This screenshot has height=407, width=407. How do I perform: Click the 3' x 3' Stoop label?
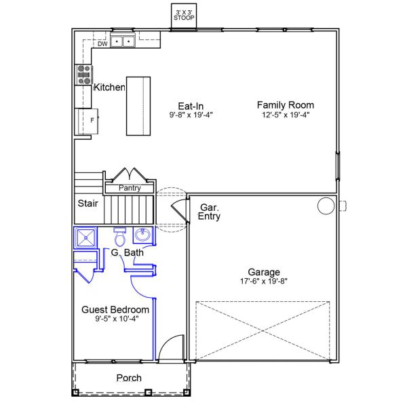184,15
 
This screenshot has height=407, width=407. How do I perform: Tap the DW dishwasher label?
102,44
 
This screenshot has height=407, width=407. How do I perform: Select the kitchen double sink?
123,41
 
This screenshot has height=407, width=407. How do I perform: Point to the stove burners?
84,75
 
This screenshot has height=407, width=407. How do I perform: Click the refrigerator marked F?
88,121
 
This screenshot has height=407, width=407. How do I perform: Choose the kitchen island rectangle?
138,106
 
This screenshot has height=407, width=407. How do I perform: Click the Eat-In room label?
191,106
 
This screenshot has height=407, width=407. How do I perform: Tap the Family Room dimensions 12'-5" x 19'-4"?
286,115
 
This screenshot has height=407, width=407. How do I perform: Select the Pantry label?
130,188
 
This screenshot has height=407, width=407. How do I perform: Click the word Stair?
88,203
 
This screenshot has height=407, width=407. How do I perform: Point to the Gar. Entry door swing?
180,210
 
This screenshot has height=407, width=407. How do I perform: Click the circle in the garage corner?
326,206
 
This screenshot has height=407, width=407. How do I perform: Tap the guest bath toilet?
119,237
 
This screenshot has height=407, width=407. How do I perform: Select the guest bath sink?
142,235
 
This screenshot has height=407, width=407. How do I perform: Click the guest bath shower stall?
85,237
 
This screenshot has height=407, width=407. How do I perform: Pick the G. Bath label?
128,252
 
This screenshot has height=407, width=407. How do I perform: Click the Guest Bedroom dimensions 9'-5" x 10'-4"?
117,318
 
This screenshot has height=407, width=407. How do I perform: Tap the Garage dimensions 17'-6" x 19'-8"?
264,281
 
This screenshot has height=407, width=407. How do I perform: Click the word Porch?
129,378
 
